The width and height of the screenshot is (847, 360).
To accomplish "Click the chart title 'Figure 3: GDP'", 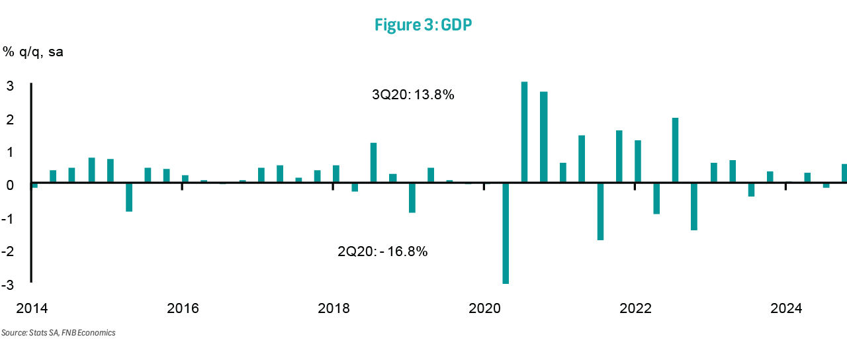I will pos(423,26).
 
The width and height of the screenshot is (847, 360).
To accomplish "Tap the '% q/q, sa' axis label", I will pos(33,52).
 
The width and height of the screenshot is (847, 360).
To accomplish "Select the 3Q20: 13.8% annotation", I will pos(413,95).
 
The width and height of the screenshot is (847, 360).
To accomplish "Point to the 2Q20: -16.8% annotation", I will pos(382,251).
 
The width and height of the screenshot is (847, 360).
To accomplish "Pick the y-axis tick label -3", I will pos(9,285).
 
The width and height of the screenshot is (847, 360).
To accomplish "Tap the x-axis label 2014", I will pos(31,308).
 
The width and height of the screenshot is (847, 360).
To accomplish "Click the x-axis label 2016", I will pos(183,308).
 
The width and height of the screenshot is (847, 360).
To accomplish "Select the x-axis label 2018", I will pos(334,308).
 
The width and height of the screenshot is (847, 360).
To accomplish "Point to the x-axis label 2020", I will pos(484,308).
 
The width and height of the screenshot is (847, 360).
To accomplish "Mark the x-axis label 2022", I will pos(635,308).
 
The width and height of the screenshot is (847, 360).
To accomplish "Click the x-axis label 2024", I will pos(786,308).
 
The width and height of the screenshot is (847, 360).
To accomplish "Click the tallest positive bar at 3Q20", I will pos(524,132).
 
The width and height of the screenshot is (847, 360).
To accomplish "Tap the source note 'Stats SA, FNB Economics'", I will pos(58,333).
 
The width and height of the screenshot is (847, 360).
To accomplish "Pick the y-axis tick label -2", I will pos(9,252).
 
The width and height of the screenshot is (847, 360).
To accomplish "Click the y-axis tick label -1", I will pos(9,219).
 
